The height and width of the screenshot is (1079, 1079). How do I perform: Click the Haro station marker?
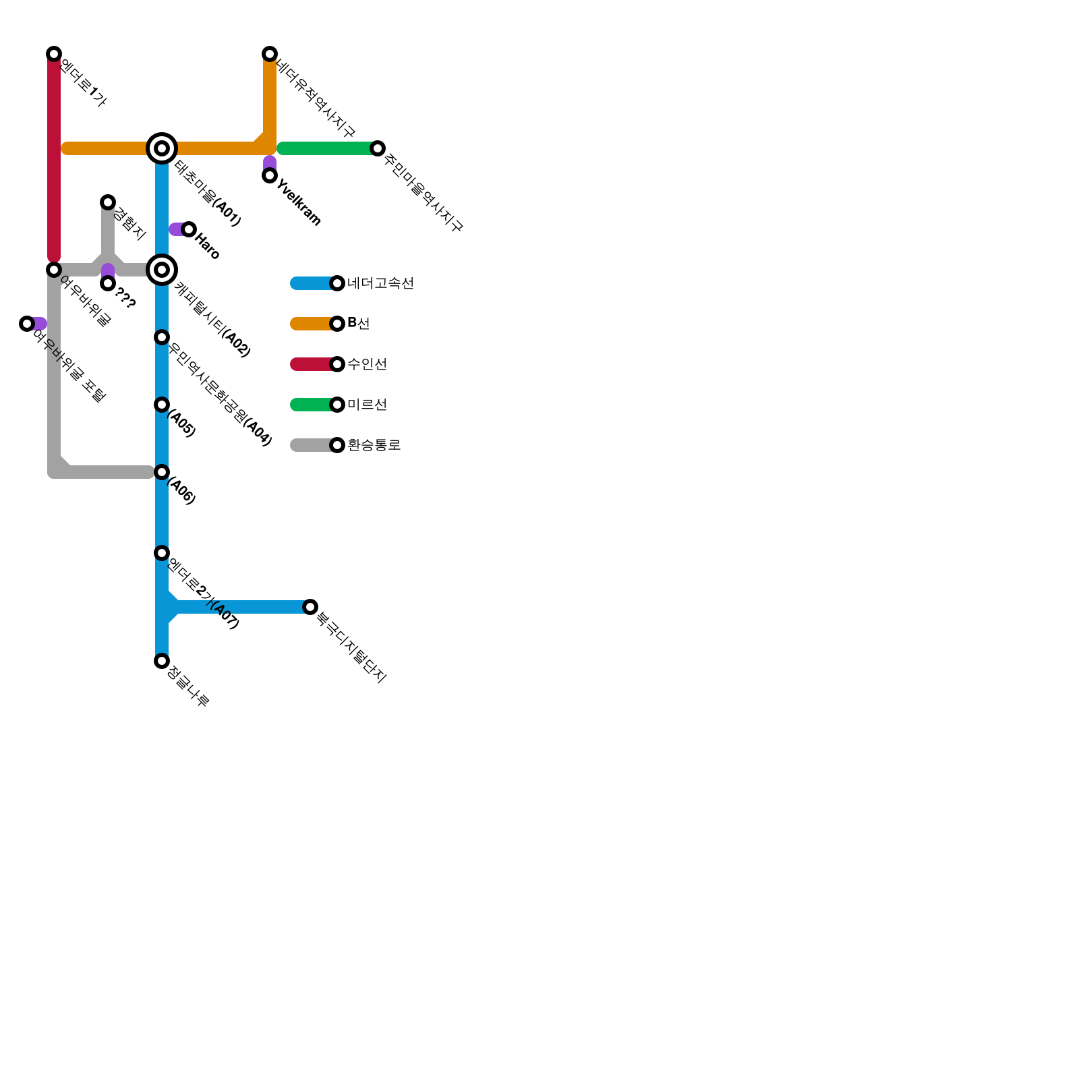pyautogui.click(x=189, y=229)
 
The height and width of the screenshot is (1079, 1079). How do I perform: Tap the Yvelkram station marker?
pyautogui.click(x=270, y=175)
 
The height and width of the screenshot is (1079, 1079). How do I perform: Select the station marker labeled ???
pyautogui.click(x=108, y=283)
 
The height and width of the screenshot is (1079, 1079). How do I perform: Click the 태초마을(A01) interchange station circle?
pyautogui.click(x=162, y=148)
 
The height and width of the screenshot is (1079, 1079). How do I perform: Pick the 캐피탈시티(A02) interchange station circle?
pyautogui.click(x=162, y=270)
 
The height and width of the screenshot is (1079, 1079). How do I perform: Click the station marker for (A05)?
pyautogui.click(x=162, y=405)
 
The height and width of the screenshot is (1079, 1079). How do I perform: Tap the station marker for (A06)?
pyautogui.click(x=162, y=472)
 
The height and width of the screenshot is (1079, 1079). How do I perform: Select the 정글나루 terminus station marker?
pyautogui.click(x=162, y=661)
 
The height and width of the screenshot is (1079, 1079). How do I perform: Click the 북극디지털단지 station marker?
pyautogui.click(x=310, y=607)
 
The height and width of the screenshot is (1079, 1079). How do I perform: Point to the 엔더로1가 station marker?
pyautogui.click(x=54, y=54)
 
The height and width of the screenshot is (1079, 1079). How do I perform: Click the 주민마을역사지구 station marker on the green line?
pyautogui.click(x=378, y=148)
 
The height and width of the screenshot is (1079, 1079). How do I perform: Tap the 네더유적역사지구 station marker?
pyautogui.click(x=270, y=54)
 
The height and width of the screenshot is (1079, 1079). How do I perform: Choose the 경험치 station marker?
pyautogui.click(x=108, y=202)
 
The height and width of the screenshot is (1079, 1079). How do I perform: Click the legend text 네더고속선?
pyautogui.click(x=380, y=283)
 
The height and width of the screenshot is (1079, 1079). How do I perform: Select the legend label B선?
pyautogui.click(x=358, y=324)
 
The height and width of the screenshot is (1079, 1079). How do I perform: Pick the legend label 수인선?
pyautogui.click(x=367, y=364)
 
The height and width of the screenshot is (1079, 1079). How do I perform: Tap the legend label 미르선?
pyautogui.click(x=367, y=405)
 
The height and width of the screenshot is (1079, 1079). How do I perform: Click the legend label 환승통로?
pyautogui.click(x=374, y=445)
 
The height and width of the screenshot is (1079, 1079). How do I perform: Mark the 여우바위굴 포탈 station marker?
pyautogui.click(x=27, y=324)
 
